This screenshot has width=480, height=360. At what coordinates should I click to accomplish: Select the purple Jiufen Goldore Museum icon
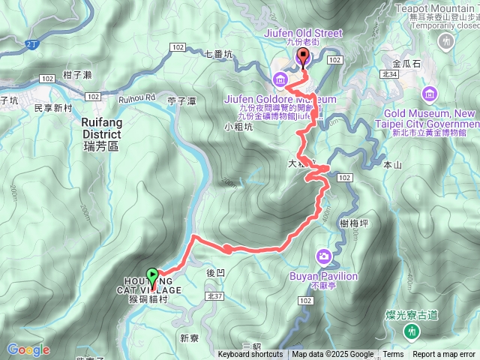pyautogui.click(x=280, y=79)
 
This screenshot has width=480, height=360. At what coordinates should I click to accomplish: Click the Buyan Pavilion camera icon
pyautogui.click(x=323, y=257)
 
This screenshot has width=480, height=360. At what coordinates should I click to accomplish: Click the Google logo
pyautogui.click(x=28, y=349)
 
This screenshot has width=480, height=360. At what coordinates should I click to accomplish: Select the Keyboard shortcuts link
pyautogui.click(x=250, y=355)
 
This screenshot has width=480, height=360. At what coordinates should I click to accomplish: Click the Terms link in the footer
pyautogui.click(x=393, y=355)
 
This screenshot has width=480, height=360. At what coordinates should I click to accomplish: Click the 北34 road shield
pyautogui.click(x=388, y=74)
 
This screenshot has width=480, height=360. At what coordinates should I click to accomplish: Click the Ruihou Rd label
pyautogui.click(x=136, y=97)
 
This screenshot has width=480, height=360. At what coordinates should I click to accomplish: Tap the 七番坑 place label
pyautogui.click(x=218, y=53)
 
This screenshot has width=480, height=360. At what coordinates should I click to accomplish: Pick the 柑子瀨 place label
pyautogui.click(x=77, y=74)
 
